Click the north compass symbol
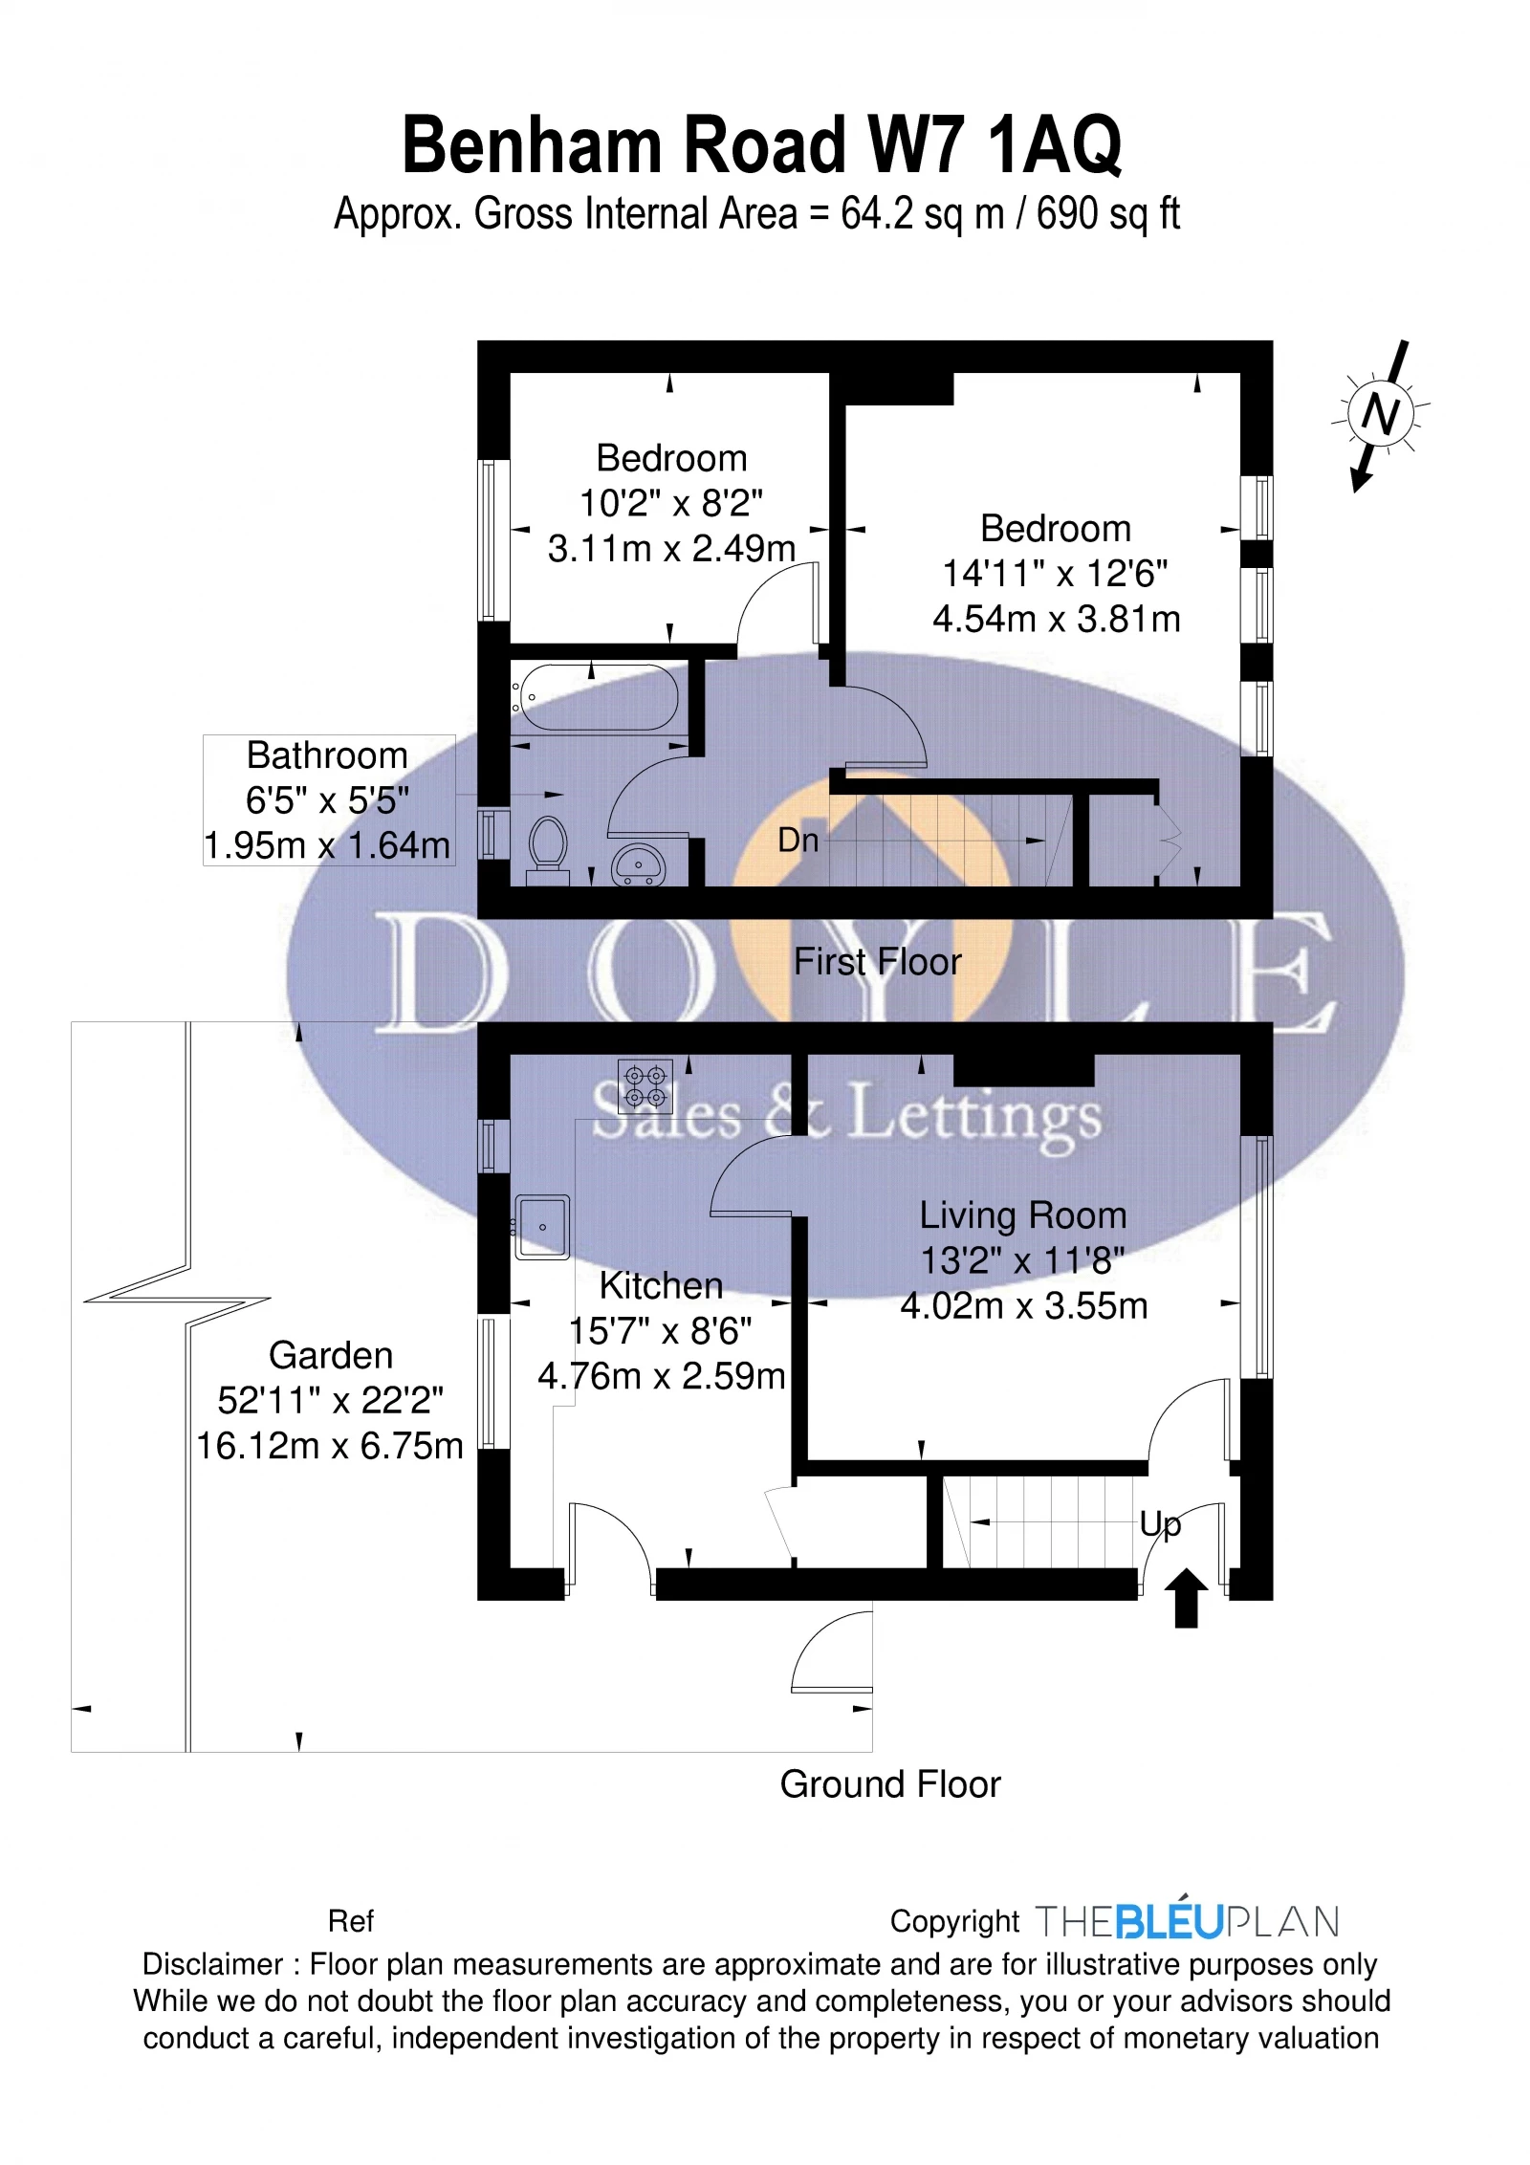1380,415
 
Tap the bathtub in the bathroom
597,697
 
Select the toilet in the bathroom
547,846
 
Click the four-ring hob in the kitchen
645,1087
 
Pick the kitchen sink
542,1226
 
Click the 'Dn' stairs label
798,841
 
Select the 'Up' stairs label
1160,1523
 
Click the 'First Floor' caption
877,962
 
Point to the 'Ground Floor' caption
889,1784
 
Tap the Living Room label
1022,1215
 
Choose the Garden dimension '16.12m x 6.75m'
329,1446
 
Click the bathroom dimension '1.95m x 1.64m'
327,845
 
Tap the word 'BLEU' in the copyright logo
1169,1922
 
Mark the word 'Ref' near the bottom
350,1921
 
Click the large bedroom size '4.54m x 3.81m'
1056,620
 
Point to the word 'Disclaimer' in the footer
212,1965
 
